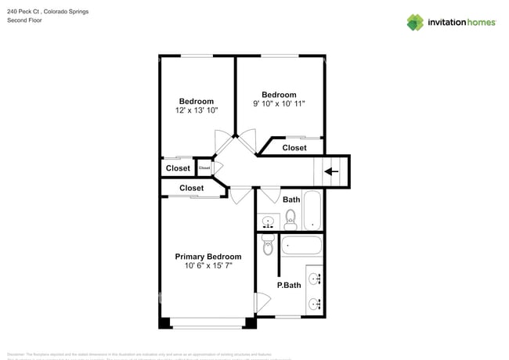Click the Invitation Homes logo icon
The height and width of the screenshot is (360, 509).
pos(414,22)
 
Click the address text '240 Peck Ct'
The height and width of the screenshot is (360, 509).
pos(24,12)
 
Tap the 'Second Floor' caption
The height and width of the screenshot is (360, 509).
pos(24,20)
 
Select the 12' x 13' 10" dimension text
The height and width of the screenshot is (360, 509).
pos(196,111)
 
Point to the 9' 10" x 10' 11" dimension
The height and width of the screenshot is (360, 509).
pos(279,103)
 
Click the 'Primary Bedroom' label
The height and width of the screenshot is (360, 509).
pos(208,257)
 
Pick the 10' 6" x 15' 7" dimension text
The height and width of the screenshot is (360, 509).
pos(208,266)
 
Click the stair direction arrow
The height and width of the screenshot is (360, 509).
pos(331,171)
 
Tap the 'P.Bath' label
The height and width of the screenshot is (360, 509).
pos(289,285)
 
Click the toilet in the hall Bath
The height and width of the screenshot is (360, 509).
pos(291,217)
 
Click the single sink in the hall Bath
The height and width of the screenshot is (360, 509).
pos(268,221)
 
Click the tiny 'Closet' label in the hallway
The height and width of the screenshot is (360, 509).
pos(204,167)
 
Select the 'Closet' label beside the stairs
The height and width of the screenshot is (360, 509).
pos(294,147)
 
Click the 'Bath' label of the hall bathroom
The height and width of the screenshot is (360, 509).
pos(291,200)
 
